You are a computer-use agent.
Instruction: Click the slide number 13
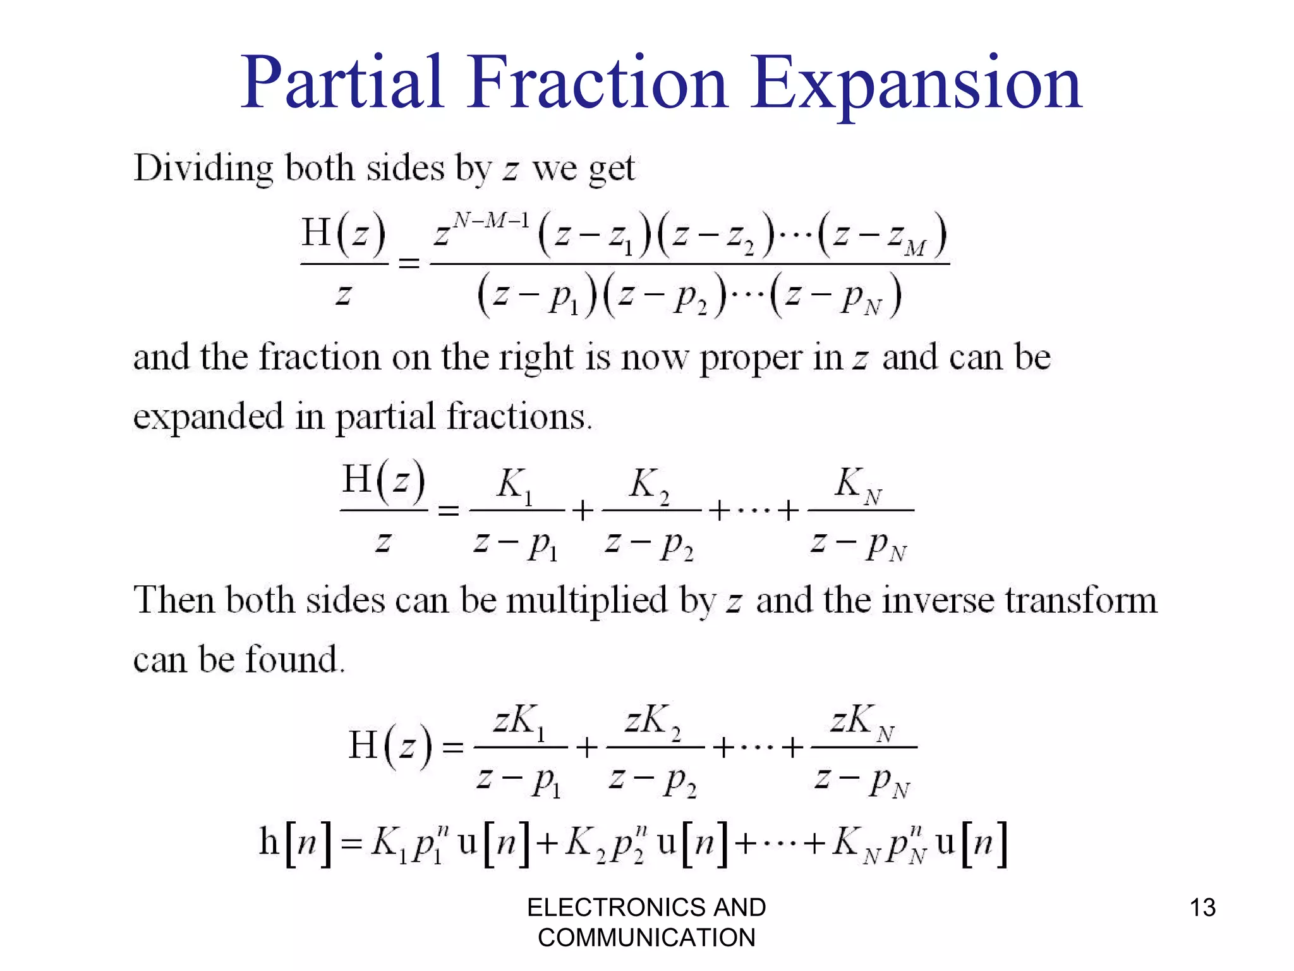click(1202, 907)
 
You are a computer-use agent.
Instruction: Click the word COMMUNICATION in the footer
click(646, 937)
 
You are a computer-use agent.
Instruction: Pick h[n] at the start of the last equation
click(295, 843)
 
